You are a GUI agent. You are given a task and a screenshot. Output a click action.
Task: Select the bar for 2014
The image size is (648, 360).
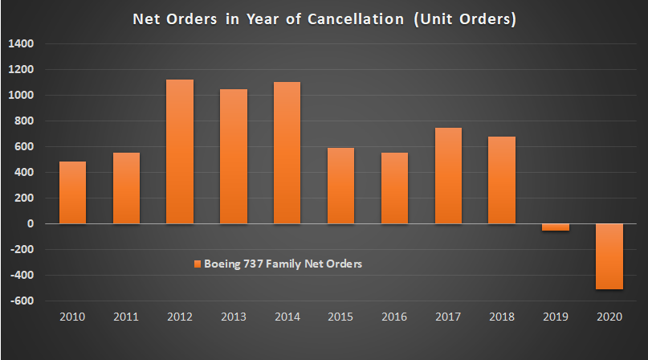[287, 153]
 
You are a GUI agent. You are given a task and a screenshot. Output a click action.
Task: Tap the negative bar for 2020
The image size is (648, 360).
[608, 256]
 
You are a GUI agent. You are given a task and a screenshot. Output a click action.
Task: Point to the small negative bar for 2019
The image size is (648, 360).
[554, 227]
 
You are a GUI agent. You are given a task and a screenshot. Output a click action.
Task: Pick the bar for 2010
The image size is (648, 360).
[72, 192]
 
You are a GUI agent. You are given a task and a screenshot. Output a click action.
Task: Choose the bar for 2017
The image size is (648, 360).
[447, 175]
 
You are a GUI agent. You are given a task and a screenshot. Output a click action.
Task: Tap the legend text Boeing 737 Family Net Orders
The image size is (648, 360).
[283, 264]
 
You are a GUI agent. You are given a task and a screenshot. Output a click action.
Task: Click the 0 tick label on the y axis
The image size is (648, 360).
[29, 224]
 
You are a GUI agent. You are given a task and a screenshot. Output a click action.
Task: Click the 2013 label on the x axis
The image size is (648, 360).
[233, 317]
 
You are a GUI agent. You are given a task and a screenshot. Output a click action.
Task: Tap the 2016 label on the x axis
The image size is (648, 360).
[393, 317]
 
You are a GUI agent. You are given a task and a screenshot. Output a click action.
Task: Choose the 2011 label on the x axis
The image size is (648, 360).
[126, 317]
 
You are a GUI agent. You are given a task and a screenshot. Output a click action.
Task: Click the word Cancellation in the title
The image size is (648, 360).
[354, 19]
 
